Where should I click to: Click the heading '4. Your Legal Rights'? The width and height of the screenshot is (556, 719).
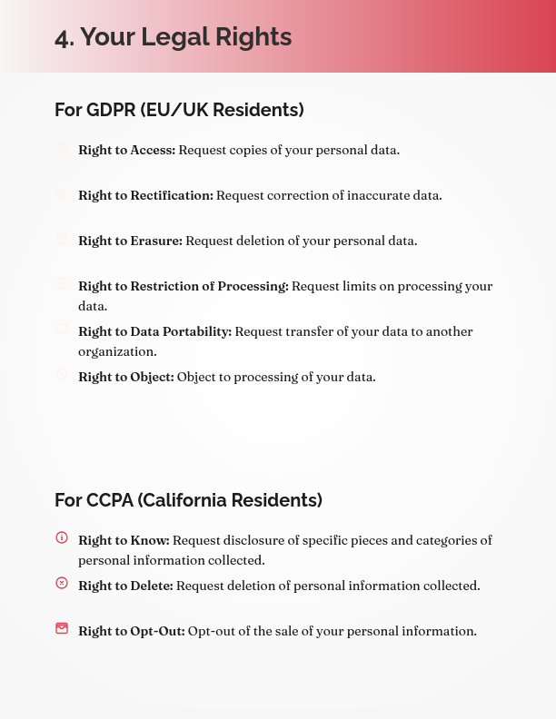click(173, 37)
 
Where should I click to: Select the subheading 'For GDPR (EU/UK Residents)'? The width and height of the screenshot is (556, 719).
click(179, 110)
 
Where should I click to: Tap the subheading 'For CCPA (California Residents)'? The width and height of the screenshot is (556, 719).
click(188, 500)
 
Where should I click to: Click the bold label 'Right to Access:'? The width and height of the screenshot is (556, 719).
click(126, 150)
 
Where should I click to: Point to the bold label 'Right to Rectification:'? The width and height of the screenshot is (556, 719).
click(145, 195)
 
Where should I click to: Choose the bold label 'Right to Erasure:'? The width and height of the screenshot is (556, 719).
click(130, 241)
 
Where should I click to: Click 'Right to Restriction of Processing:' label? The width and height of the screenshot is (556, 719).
click(183, 286)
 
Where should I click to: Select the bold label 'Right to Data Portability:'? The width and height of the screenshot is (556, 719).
click(154, 331)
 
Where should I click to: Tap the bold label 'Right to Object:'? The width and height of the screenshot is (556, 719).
click(125, 377)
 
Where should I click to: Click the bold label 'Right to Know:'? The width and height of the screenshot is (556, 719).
click(124, 540)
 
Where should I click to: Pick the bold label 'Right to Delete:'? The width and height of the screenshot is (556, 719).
click(125, 586)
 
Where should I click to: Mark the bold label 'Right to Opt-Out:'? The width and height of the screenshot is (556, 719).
click(131, 631)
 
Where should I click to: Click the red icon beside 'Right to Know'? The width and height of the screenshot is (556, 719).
click(62, 537)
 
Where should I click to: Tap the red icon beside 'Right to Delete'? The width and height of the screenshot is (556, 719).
click(62, 583)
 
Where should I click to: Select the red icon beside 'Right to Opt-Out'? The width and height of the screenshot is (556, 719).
click(62, 628)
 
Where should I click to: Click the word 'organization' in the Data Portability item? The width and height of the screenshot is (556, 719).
click(117, 351)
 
